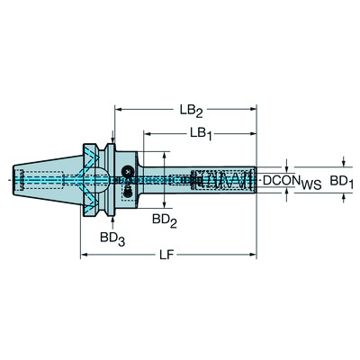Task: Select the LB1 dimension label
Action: point(201,132)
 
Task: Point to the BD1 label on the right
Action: point(337,183)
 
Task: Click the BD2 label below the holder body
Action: point(162,219)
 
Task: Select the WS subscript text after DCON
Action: point(311,185)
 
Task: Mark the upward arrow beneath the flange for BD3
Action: point(111,219)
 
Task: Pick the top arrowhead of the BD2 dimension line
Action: point(163,154)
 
